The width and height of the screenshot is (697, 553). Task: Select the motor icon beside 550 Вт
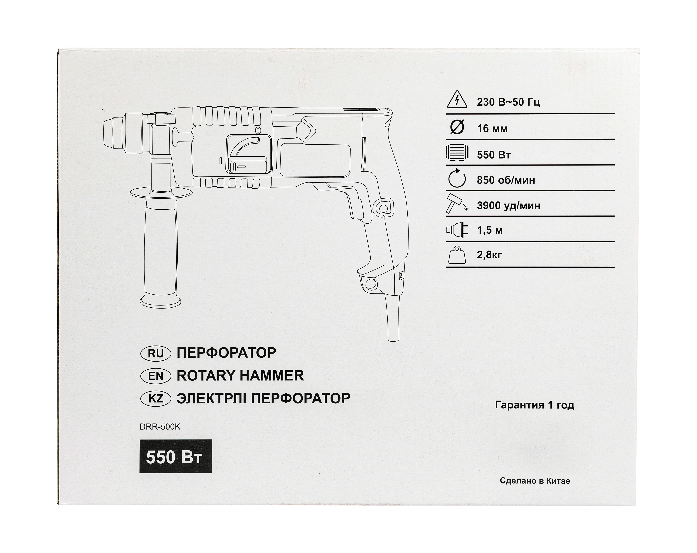tap(457, 152)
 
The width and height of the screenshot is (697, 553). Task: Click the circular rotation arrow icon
tap(457, 178)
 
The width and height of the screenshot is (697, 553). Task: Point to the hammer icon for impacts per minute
tap(457, 204)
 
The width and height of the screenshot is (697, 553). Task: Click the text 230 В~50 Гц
tap(508, 102)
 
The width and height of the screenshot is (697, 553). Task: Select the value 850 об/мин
tap(506, 180)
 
